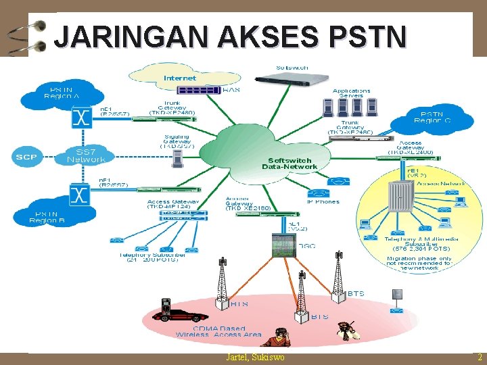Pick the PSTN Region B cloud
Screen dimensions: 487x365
coord(48,215)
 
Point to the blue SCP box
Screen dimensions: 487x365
coord(27,157)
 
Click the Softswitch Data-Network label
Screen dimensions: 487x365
coord(289,164)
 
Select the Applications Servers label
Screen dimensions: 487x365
coord(351,93)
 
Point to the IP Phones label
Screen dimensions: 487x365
coord(323,201)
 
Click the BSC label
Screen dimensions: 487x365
coord(308,246)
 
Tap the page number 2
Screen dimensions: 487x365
coord(479,358)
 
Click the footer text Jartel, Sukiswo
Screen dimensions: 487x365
coord(255,358)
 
